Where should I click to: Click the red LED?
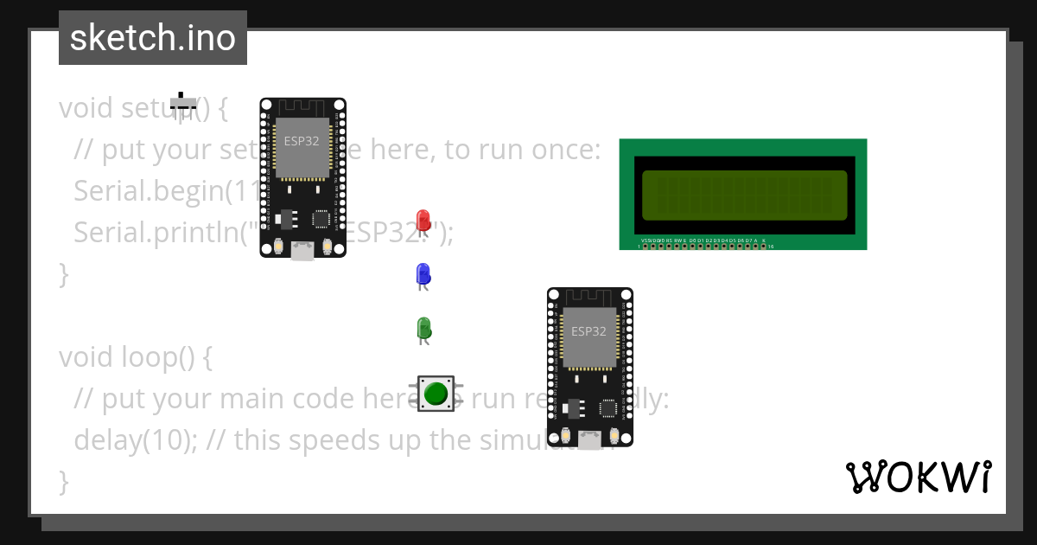coord(423,220)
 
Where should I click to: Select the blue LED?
coord(423,274)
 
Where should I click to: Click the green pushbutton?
coord(436,394)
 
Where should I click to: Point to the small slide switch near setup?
coord(183,104)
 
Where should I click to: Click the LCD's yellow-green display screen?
coord(744,196)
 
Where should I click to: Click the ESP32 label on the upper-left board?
coord(302,140)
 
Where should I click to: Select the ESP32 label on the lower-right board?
coord(588,330)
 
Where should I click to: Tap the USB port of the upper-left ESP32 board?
coord(302,250)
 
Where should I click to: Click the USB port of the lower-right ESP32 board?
coord(589,439)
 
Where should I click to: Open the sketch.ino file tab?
coord(153,38)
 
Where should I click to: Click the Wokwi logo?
coord(919,478)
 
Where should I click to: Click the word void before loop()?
coord(86,356)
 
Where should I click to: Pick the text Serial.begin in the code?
coord(148,190)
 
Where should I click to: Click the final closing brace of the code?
coord(63,481)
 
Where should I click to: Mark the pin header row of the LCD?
coord(704,246)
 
